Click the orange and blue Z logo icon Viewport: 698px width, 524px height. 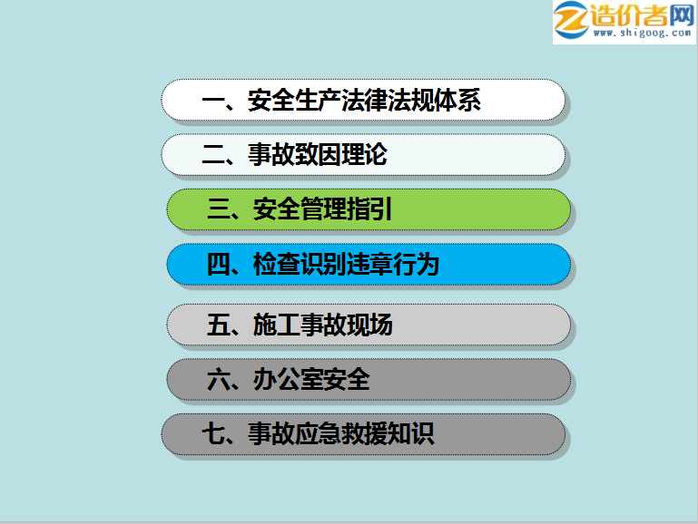pos(571,20)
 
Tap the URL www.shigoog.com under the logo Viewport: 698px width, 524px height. pos(642,33)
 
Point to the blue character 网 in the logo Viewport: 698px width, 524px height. pos(681,15)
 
